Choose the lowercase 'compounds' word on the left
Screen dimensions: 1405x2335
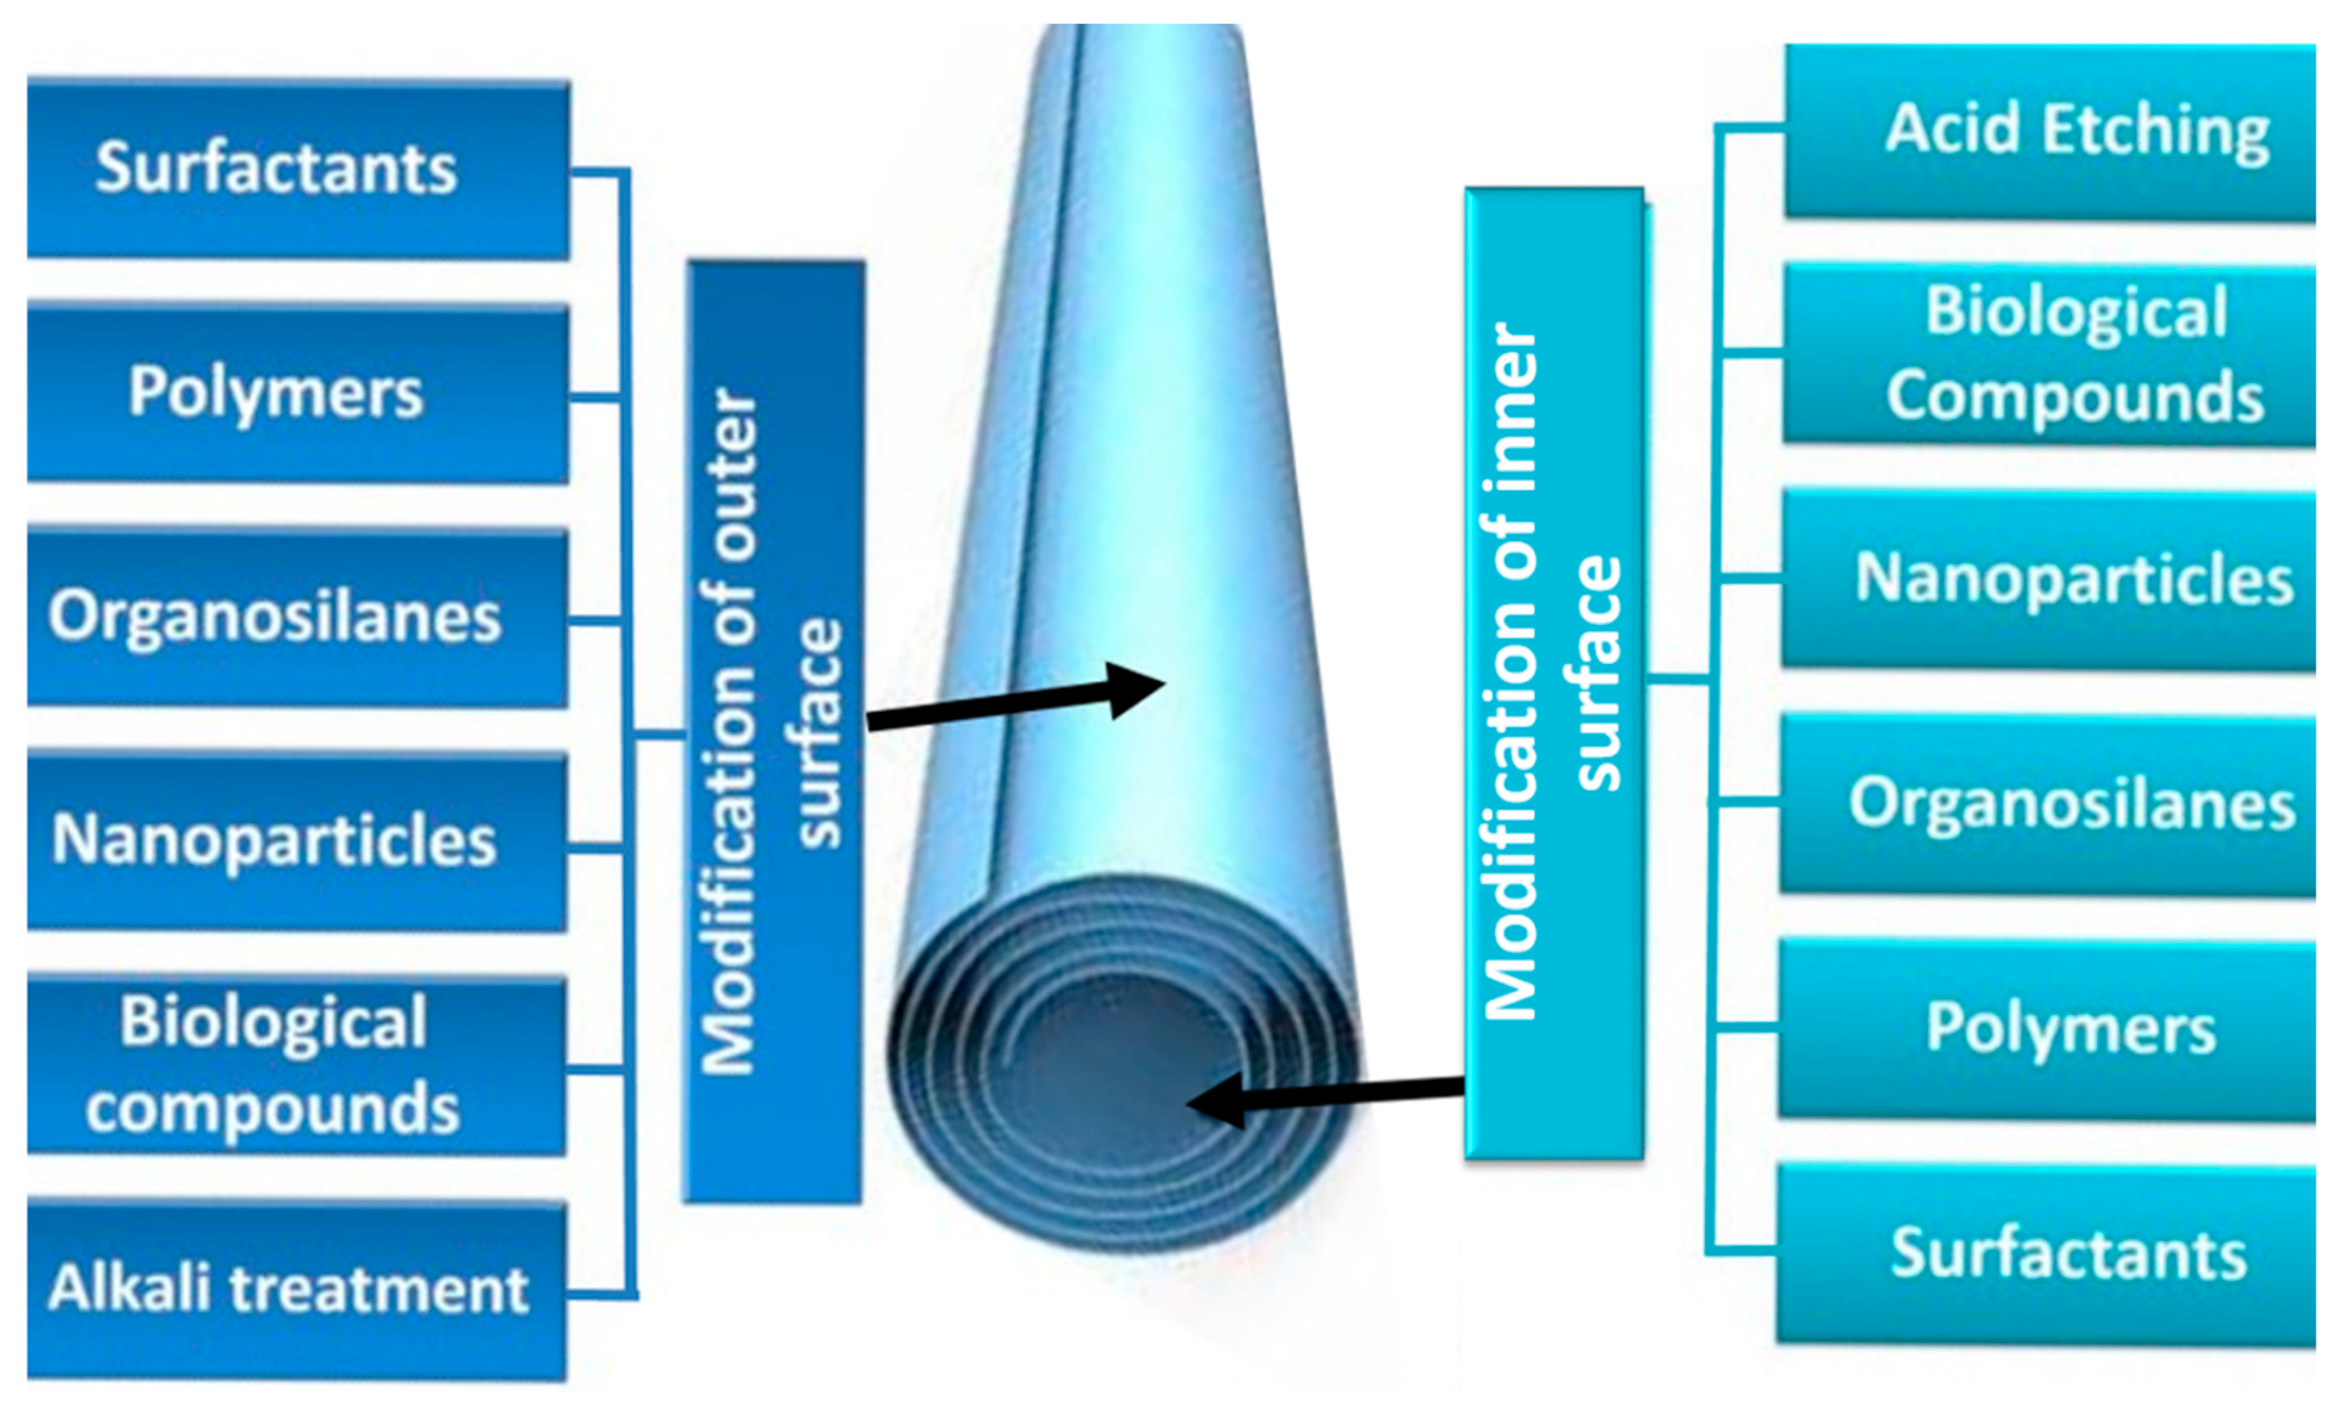click(x=273, y=1109)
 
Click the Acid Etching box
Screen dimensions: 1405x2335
click(x=2049, y=131)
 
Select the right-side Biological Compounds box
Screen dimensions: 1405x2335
click(x=2049, y=353)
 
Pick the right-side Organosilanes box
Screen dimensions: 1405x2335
click(x=2049, y=804)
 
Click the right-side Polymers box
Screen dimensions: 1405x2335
click(x=2049, y=1029)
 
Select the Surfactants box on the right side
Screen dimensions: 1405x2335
click(x=2049, y=1254)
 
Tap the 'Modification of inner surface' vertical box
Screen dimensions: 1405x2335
click(x=1553, y=672)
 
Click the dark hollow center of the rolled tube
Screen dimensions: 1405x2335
click(x=1117, y=1070)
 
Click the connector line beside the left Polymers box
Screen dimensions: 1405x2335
click(x=596, y=397)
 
